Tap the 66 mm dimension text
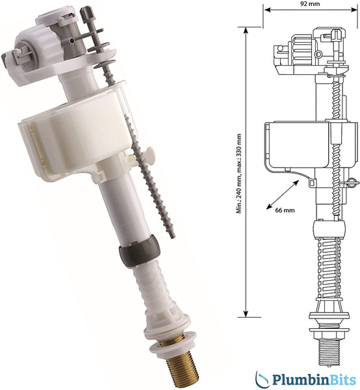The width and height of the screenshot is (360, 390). [285, 211]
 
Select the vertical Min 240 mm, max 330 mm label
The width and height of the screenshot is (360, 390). [239, 174]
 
